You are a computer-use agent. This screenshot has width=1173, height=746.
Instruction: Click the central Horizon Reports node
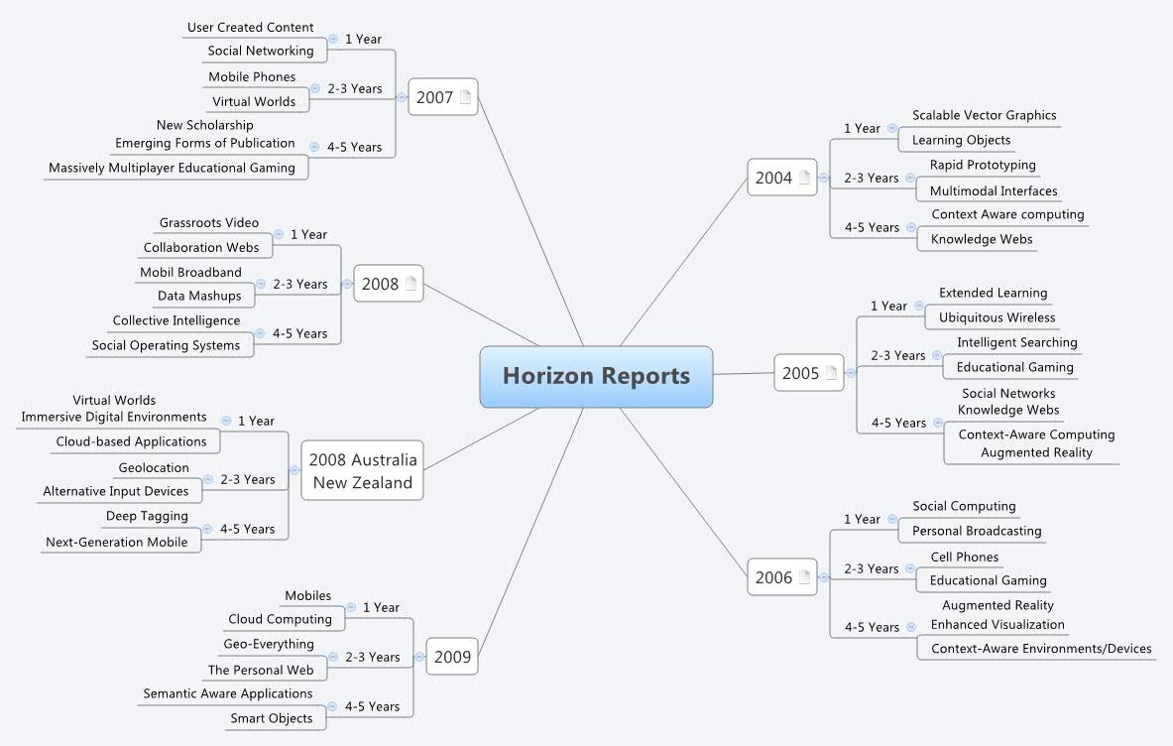(x=596, y=376)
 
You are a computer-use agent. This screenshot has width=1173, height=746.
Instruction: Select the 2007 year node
(x=443, y=97)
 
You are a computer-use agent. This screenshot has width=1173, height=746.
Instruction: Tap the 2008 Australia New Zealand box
(x=362, y=470)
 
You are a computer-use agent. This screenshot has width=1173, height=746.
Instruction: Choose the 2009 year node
(x=452, y=657)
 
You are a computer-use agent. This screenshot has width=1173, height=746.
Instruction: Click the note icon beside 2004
(x=805, y=178)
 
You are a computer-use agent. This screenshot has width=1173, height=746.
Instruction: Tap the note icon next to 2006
(x=805, y=577)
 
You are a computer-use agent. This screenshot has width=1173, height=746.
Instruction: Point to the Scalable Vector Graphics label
(x=984, y=115)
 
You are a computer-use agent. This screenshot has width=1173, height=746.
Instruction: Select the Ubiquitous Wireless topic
(x=997, y=317)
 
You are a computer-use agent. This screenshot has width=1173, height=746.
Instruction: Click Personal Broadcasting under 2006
(x=977, y=531)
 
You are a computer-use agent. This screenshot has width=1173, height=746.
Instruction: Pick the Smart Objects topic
(x=272, y=718)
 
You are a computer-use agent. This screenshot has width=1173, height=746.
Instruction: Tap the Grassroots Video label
(x=208, y=223)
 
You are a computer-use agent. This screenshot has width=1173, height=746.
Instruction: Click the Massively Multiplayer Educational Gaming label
(x=173, y=168)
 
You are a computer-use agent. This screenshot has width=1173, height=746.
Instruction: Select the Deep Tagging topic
(x=148, y=516)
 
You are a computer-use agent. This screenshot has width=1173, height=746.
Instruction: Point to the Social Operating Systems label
(x=166, y=345)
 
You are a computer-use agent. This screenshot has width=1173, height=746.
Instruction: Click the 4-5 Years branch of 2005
(x=898, y=423)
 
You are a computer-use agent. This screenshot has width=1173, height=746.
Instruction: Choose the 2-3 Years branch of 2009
(x=373, y=657)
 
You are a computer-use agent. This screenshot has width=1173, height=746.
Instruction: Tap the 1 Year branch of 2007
(x=363, y=39)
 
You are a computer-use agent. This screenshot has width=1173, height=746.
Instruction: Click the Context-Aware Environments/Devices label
(x=1041, y=649)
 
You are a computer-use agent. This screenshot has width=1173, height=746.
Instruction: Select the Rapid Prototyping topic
(x=983, y=165)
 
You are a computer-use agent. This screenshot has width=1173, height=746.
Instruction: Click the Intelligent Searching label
(x=1017, y=342)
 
